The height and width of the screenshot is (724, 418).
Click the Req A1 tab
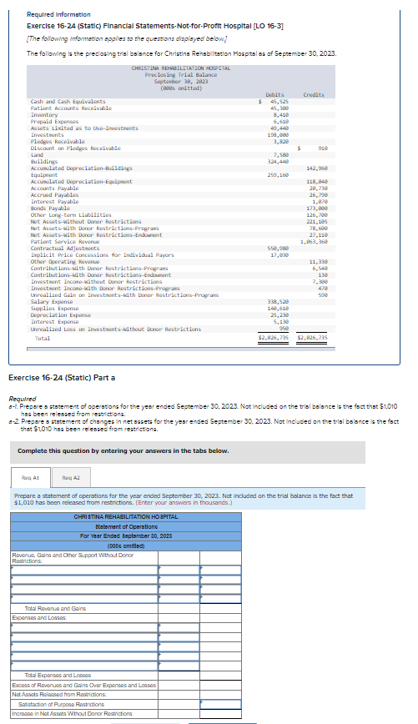point(29,478)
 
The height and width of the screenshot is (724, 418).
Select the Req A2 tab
point(71,478)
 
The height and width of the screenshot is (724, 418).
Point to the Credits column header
point(314,95)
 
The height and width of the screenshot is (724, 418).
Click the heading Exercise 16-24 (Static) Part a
point(62,378)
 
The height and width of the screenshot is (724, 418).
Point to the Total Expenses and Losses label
point(58,675)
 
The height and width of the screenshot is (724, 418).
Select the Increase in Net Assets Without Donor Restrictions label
point(72,714)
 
